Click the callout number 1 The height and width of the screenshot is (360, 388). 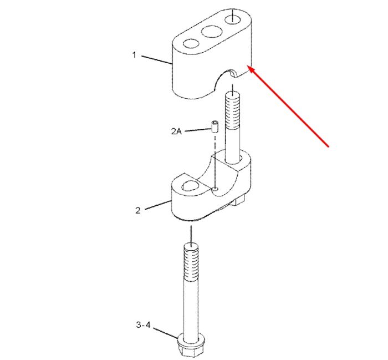tap(134, 55)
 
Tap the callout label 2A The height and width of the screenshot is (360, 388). tap(176, 131)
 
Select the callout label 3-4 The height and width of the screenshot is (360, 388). tap(143, 324)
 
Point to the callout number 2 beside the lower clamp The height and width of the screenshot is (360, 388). tap(138, 210)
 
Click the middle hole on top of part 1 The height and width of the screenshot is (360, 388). tap(212, 32)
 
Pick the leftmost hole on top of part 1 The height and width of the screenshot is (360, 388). tap(191, 44)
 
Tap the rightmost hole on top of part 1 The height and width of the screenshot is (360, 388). tap(233, 19)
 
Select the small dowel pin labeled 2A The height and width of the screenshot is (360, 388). tap(215, 127)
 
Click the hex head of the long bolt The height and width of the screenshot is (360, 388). tap(191, 347)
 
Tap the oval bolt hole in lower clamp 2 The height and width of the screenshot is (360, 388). tap(190, 186)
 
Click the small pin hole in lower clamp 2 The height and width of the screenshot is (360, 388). tap(215, 189)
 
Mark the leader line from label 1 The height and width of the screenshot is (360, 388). tap(157, 60)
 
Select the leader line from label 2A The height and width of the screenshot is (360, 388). tap(198, 130)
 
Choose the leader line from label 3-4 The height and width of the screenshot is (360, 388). tap(166, 333)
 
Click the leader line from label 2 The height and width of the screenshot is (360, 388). tap(159, 205)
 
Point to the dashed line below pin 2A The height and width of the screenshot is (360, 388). tap(215, 161)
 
